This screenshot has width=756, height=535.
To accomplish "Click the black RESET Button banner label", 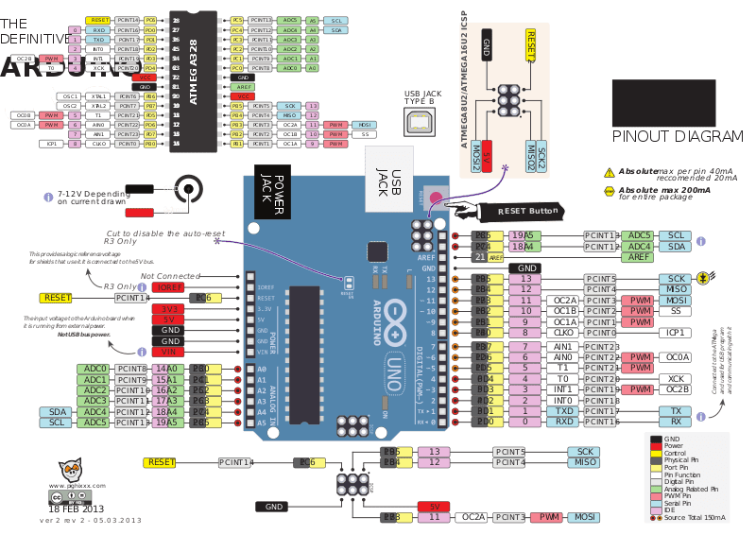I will tap(524, 210).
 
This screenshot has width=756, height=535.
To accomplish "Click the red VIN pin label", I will tap(168, 352).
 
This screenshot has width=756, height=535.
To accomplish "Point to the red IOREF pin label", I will tap(168, 286).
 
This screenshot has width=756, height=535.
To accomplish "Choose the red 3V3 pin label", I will tap(168, 308).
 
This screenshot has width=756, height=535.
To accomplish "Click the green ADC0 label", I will tap(94, 369).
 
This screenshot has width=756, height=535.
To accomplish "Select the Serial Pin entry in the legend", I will tap(681, 504).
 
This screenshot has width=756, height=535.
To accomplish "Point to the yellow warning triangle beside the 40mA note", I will tap(610, 173).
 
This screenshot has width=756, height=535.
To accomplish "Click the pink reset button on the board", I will tap(436, 198).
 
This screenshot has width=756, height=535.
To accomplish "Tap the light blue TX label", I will tap(676, 411).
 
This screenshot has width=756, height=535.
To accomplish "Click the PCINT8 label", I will tap(130, 369).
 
